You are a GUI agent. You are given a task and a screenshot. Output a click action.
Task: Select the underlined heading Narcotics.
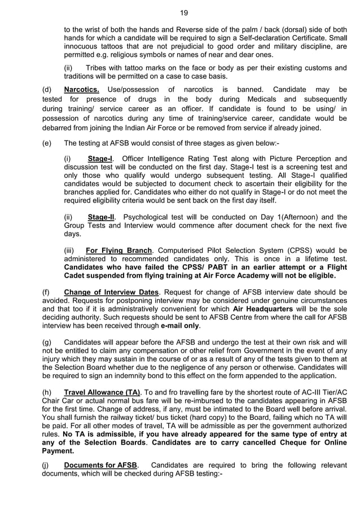coord(82,90)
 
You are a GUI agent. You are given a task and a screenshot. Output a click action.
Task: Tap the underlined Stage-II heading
coord(102,217)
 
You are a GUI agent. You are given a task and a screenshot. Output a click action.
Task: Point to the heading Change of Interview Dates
coord(112,292)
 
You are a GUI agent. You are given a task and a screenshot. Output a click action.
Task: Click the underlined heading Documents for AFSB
coord(100,465)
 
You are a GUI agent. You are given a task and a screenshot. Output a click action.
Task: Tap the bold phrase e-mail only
coord(180,326)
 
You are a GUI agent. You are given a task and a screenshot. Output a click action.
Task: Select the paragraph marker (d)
coord(47,90)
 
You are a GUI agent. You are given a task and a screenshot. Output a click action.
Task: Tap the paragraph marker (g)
coord(47,343)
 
